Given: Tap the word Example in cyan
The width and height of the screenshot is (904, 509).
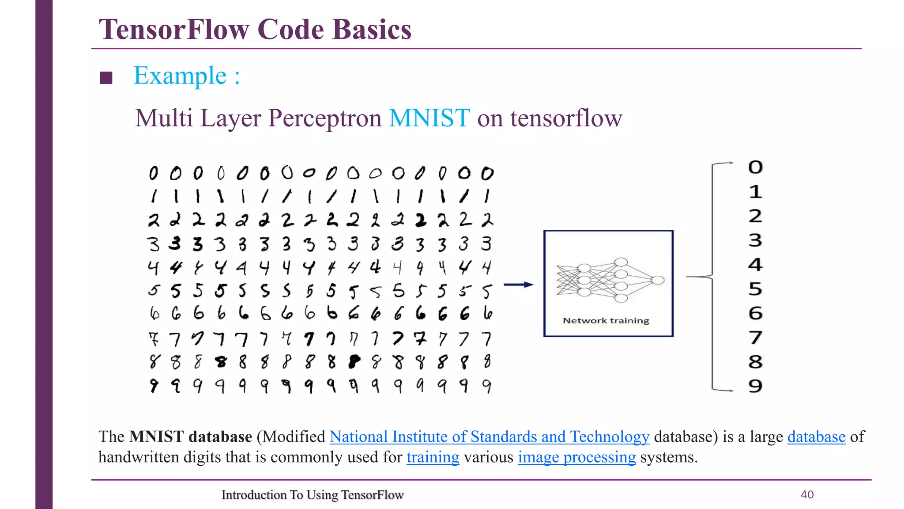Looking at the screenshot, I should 180,76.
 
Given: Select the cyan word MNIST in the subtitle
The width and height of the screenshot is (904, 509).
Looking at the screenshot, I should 429,118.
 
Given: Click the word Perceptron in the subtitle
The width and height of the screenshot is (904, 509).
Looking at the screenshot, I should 325,118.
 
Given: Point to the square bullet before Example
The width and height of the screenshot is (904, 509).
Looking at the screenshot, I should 106,78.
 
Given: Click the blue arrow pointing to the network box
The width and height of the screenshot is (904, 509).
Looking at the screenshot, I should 518,285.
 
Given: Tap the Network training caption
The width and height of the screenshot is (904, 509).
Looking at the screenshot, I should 606,320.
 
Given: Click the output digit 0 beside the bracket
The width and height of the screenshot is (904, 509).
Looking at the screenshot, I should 755,167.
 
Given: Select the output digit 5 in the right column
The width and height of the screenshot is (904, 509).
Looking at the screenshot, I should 755,289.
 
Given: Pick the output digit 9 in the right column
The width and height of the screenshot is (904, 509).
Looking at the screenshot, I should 755,386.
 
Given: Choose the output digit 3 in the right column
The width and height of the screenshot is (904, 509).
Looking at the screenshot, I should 755,240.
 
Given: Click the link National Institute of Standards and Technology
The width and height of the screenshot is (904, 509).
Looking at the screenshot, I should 489,437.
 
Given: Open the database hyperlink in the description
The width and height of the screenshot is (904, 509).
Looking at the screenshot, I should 816,437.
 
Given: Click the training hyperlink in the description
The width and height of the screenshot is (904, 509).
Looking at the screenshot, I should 433,457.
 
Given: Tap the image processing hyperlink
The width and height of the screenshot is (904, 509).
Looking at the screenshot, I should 576,457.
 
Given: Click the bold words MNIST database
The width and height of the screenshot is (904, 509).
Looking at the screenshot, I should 191,437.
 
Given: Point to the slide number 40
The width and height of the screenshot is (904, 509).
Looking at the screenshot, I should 807,494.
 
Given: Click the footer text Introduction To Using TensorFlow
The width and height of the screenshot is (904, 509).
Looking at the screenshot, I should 313,495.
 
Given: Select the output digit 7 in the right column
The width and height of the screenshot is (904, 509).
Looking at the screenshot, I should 755,338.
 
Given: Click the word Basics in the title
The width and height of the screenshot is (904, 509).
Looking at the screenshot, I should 372,30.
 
